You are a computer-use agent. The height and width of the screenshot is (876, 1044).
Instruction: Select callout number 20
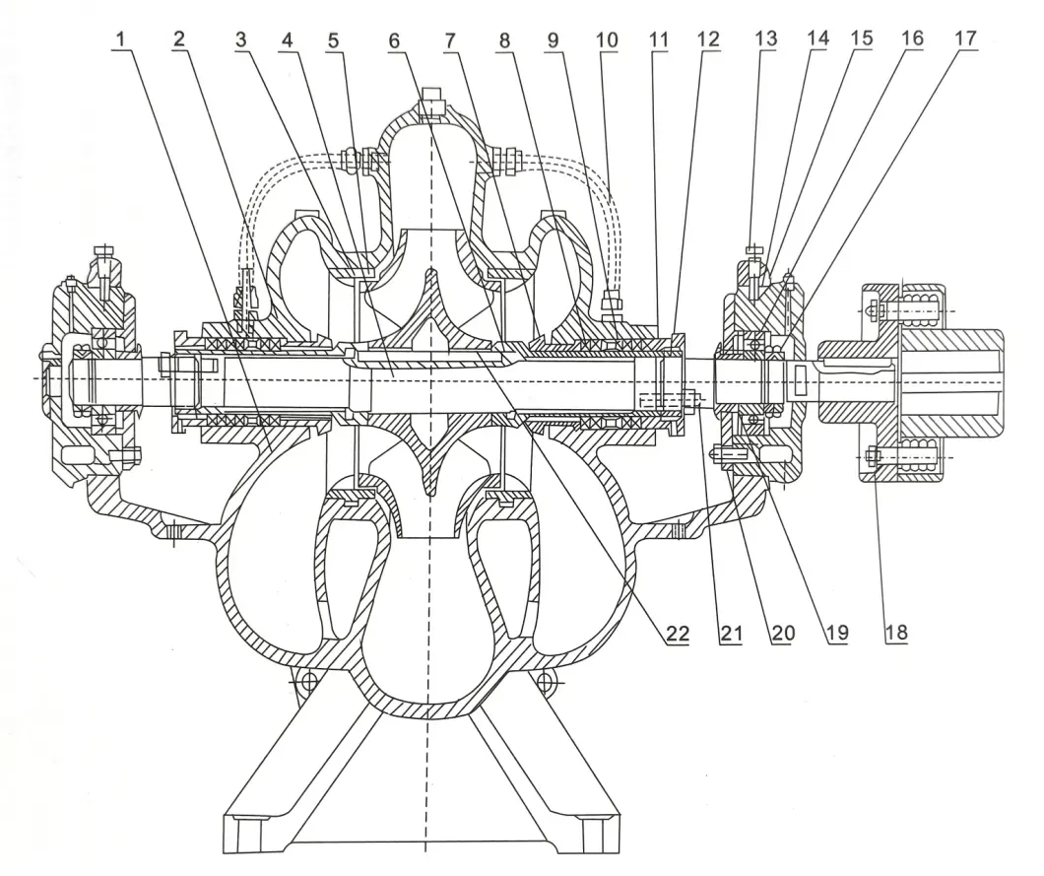click(781, 634)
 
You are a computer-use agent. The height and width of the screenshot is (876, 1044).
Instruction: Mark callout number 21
click(729, 634)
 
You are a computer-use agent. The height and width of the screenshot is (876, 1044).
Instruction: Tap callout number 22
click(676, 634)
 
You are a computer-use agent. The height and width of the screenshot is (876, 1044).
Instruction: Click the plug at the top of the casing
click(430, 100)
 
